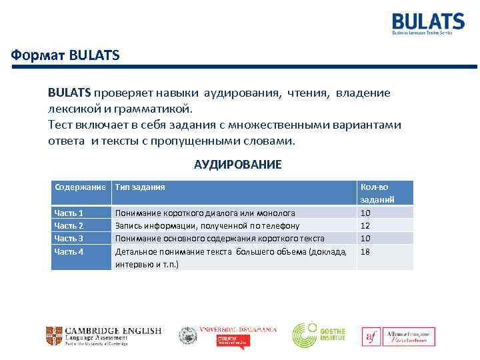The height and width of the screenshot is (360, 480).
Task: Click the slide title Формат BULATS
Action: click(x=65, y=56)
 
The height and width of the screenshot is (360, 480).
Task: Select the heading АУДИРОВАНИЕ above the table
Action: click(x=238, y=164)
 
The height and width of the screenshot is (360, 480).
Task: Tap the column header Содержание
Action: click(x=81, y=187)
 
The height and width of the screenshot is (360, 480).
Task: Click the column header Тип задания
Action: click(x=140, y=187)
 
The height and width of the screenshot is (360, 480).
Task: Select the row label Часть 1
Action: click(x=69, y=213)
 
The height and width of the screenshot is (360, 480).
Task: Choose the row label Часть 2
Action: click(x=69, y=226)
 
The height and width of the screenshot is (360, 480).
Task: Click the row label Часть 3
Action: click(x=69, y=239)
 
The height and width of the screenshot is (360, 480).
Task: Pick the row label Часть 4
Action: click(x=69, y=251)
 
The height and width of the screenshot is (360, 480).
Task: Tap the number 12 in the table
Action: click(x=365, y=226)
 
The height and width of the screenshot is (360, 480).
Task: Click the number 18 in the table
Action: click(x=365, y=251)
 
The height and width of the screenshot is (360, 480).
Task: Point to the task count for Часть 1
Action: click(x=365, y=213)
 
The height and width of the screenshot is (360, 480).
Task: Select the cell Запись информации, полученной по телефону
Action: click(x=207, y=226)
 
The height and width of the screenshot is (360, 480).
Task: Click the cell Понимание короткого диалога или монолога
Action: click(x=205, y=213)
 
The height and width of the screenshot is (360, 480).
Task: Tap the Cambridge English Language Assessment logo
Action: click(x=103, y=335)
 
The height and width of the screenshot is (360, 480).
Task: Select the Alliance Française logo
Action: click(x=399, y=337)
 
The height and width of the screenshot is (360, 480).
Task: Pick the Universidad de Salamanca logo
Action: click(x=227, y=335)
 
